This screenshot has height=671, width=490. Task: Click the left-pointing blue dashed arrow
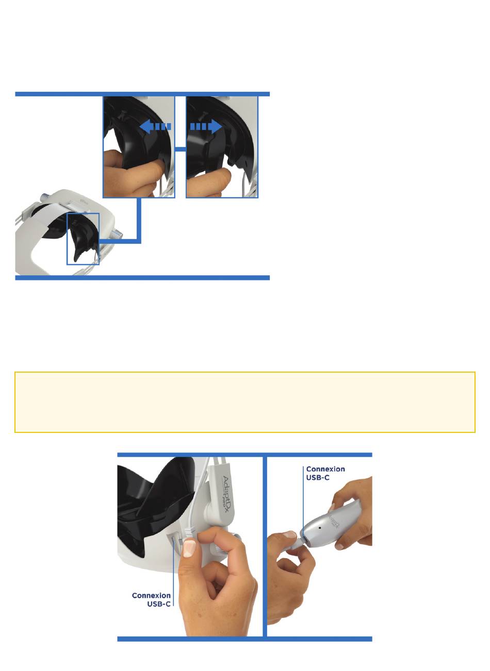tap(155, 126)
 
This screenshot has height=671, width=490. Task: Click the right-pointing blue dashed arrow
tap(206, 126)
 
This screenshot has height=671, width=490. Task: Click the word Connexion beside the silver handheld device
tap(325, 469)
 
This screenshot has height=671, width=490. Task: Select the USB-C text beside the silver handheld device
tap(318, 478)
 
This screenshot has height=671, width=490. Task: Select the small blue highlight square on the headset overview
tap(83, 239)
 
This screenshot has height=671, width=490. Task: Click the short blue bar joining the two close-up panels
tap(181, 149)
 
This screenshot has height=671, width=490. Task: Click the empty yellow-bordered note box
tap(245, 402)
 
